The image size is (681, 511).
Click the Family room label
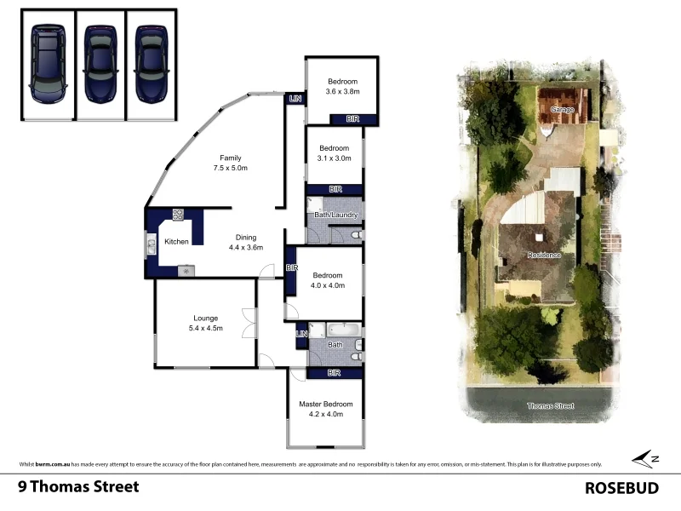pos(230,158)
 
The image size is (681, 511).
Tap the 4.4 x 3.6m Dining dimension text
pos(245,248)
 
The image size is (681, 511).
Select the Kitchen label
pos(176,242)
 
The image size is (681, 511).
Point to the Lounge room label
pos(205,318)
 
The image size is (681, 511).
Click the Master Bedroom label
pos(324,404)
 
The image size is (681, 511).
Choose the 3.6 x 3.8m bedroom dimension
pos(343,92)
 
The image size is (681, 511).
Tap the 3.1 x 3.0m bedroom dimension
pos(334,158)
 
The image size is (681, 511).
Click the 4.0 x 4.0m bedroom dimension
pos(327,285)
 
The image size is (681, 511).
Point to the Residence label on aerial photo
pos(544,255)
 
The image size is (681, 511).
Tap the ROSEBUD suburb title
pos(623,488)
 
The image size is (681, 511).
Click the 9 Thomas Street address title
pos(78,487)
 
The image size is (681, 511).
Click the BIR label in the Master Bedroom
pos(335,373)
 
